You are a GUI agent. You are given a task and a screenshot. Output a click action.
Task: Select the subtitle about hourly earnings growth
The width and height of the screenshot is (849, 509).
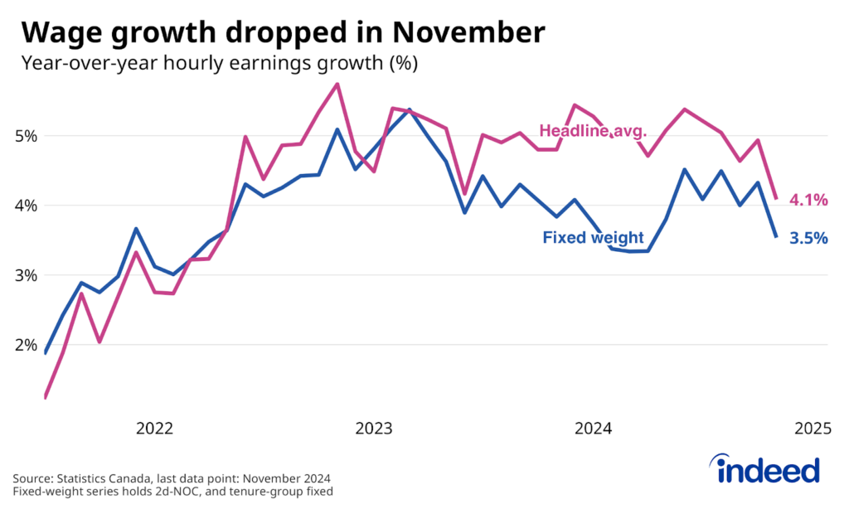click(x=219, y=63)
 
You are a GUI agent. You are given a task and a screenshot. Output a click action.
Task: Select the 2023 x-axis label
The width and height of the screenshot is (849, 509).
click(x=373, y=429)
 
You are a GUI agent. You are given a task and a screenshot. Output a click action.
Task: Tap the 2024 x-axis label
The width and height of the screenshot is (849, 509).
click(x=593, y=429)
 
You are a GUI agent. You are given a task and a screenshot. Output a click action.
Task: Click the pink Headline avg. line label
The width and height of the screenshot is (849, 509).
click(x=594, y=130)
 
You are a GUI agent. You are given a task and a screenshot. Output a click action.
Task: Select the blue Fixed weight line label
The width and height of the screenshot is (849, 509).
click(x=593, y=238)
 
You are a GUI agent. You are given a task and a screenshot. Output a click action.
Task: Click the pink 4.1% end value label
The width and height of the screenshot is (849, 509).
click(x=808, y=200)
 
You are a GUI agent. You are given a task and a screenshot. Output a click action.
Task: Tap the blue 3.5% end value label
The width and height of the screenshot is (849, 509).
click(x=808, y=239)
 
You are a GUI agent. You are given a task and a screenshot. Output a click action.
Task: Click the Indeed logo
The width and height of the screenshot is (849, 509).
click(x=768, y=470)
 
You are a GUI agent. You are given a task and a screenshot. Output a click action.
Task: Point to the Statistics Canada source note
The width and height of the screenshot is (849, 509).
click(x=172, y=478)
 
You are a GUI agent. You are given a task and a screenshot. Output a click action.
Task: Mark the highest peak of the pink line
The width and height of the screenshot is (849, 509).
click(x=337, y=84)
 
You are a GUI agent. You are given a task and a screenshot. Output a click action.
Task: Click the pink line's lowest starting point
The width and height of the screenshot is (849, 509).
click(x=45, y=398)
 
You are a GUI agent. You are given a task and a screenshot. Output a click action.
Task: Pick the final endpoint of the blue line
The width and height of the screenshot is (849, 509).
click(x=776, y=237)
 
